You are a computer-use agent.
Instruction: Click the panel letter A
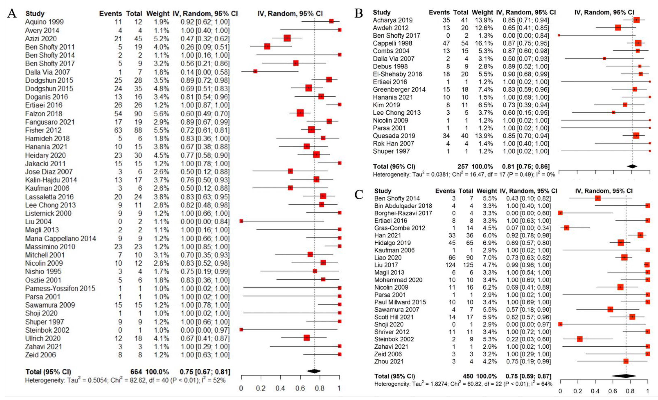12,13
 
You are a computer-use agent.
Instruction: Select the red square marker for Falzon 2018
300,113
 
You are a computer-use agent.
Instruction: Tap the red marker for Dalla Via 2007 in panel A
255,71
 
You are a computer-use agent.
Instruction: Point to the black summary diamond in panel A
314,371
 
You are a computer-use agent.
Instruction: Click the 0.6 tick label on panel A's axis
300,388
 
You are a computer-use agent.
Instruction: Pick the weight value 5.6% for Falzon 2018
161,114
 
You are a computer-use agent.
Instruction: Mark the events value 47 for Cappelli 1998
446,43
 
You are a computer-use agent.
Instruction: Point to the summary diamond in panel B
632,166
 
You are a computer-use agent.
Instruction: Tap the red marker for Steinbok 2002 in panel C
580,339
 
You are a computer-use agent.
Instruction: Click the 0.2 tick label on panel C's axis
578,391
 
